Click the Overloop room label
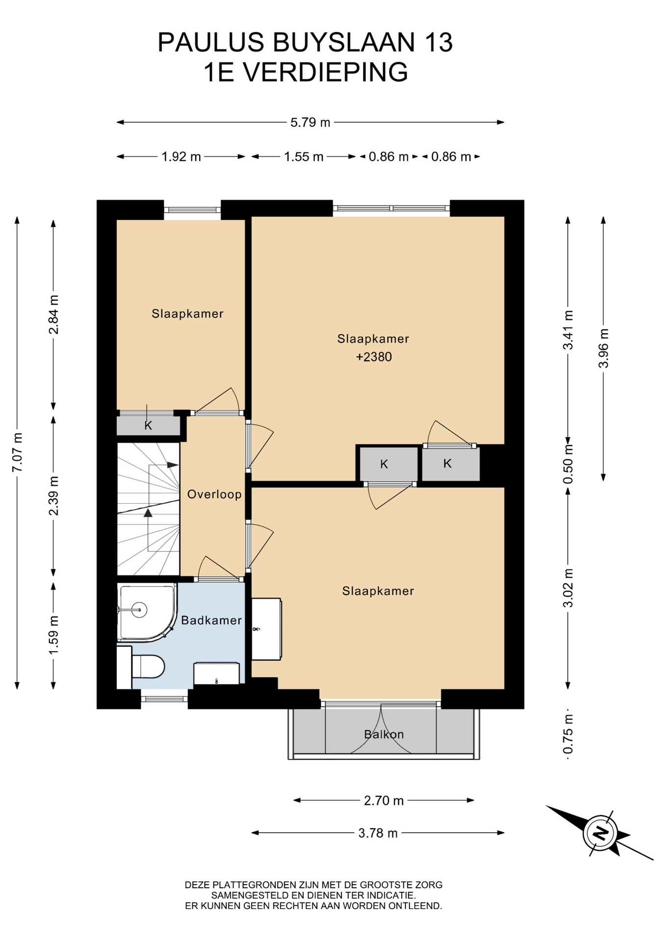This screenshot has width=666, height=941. point(214,494)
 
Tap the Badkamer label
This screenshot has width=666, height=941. point(211,620)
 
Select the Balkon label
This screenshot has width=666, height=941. point(384,734)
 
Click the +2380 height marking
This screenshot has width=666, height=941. point(374,357)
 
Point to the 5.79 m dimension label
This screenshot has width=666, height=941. point(310,123)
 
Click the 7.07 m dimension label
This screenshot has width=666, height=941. point(18,452)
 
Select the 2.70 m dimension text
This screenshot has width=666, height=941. point(384,800)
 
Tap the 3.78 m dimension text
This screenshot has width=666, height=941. point(378,833)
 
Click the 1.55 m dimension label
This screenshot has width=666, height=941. point(304,157)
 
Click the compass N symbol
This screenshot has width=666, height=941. point(600,833)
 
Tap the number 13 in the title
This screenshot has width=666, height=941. point(438,42)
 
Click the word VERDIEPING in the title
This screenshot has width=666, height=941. point(326,72)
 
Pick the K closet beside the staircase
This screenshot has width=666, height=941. point(149,425)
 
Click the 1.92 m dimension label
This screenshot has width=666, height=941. point(181,157)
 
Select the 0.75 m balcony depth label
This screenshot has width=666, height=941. point(568,734)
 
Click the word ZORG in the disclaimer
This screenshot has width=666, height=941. point(430,885)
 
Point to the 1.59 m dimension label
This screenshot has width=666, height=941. point(53,635)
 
